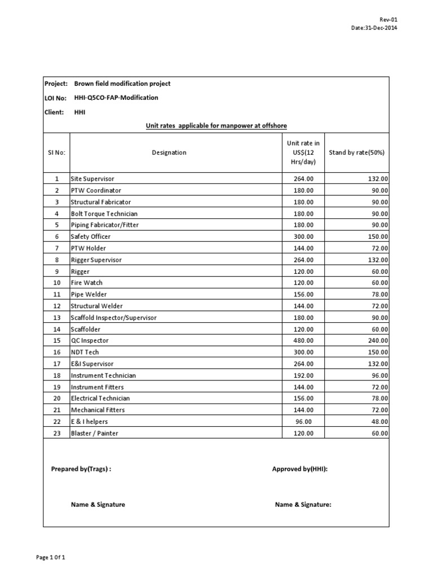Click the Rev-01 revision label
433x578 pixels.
389,19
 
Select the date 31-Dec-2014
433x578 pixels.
374,28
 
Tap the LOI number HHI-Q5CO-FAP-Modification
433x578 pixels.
116,98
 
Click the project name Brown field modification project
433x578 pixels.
122,84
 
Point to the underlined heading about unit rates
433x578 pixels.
216,125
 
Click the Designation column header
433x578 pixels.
169,152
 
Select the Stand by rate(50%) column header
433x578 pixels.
356,152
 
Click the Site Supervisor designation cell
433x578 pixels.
92,179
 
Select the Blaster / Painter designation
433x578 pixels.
94,433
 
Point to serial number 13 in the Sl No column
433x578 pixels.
56,318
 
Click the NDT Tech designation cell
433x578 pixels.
85,352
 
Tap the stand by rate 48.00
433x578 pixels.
379,422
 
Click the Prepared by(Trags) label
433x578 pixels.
81,469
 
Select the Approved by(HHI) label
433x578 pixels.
299,469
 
